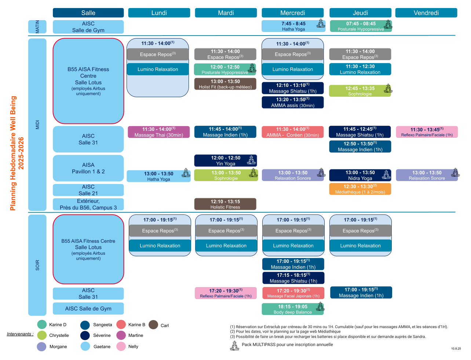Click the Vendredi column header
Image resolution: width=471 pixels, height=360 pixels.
[x=426, y=13]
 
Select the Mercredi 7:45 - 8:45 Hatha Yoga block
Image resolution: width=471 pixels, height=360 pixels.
[x=293, y=26]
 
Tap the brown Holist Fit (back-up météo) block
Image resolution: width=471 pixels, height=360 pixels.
[x=225, y=84]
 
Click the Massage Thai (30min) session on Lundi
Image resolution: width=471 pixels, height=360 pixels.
[x=158, y=132]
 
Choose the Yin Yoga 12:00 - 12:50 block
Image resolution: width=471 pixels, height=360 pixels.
[x=225, y=161]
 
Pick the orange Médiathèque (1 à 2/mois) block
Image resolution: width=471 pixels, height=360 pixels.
[x=360, y=189]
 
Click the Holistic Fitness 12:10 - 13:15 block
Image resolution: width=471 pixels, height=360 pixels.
[x=225, y=204]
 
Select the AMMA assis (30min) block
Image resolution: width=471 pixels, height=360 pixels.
[x=292, y=102]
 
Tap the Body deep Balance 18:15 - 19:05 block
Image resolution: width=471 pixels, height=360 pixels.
[x=292, y=309]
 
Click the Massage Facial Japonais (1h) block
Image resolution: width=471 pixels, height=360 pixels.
[x=293, y=293]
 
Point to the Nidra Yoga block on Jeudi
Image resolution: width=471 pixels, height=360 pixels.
[x=360, y=175]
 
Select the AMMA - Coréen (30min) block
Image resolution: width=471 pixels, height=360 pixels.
[x=292, y=132]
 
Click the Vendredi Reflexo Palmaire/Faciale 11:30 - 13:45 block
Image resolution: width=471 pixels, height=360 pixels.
[x=427, y=132]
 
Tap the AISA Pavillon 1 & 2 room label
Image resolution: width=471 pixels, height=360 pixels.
[x=88, y=168]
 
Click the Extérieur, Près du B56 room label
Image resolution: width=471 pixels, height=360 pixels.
[x=88, y=204]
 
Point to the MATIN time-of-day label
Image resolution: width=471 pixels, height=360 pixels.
[x=37, y=27]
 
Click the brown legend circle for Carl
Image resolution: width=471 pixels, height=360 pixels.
[x=153, y=325]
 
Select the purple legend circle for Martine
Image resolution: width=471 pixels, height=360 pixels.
[x=121, y=335]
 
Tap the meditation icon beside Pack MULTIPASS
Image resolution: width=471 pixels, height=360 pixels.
[x=234, y=345]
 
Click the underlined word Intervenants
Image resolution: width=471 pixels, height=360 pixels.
[x=20, y=334]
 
